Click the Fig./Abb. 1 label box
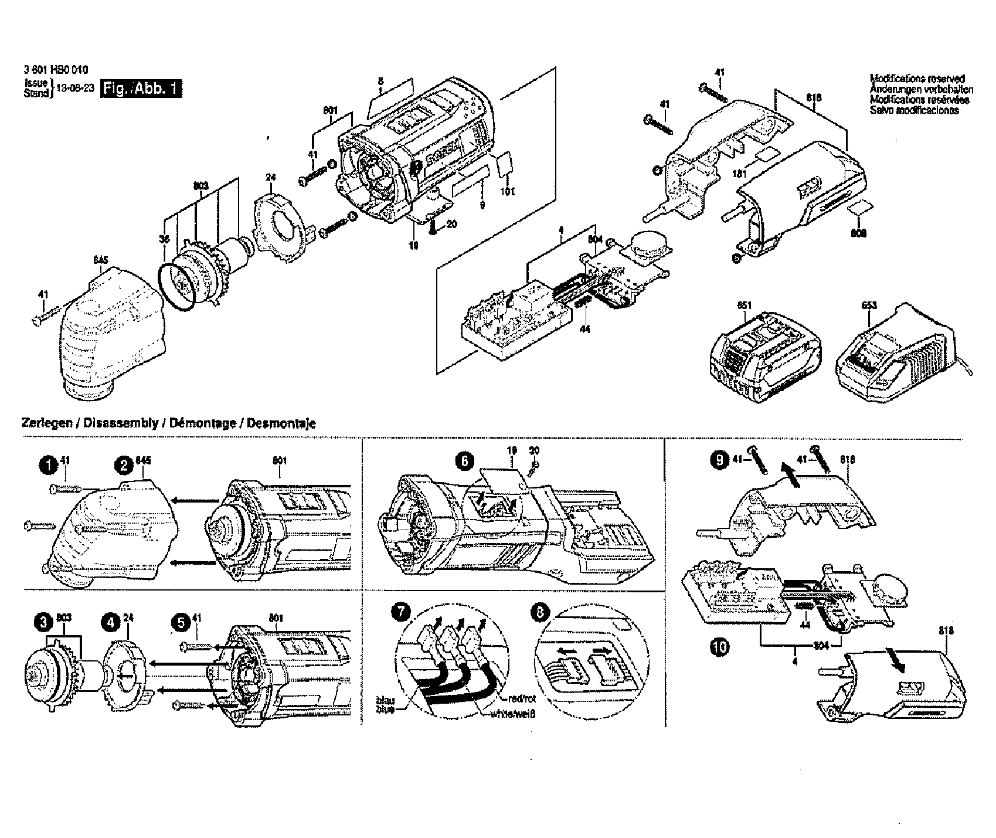point(141,89)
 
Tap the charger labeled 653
point(900,352)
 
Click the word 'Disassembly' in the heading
point(121,423)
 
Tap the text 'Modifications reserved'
point(917,78)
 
